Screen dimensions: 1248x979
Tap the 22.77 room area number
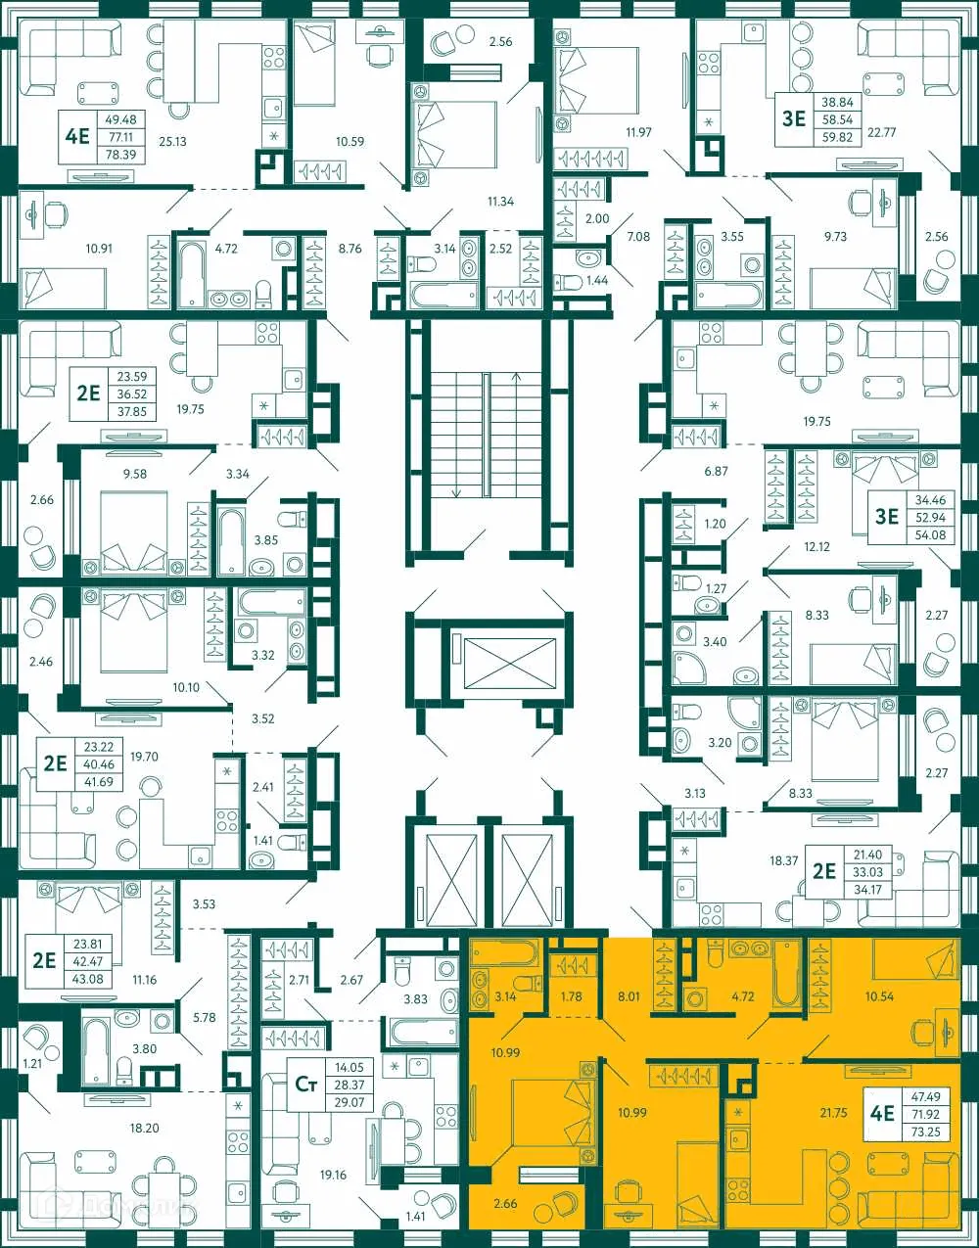coord(881,132)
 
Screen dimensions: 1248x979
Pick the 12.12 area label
coord(816,546)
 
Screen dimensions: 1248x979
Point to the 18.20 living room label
coord(144,1128)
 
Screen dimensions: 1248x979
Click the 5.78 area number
coord(204,1018)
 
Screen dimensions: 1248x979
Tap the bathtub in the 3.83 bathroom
coord(423,1031)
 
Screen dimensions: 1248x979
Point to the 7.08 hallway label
coord(638,236)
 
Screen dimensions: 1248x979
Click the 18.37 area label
coord(783,861)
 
